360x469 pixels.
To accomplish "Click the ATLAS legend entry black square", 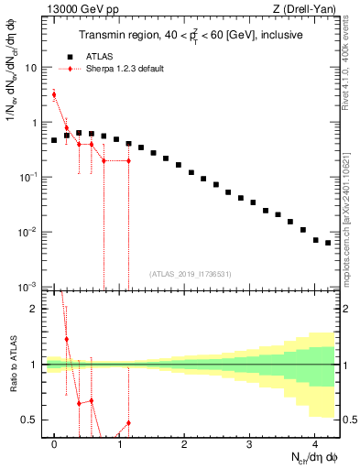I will (67, 56).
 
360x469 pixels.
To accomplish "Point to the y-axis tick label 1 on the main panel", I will (35, 123).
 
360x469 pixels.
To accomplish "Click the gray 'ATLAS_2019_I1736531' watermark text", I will (191, 274).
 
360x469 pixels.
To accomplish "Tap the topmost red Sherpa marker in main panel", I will (54, 94).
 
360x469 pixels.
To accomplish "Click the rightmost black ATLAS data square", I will (328, 243).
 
